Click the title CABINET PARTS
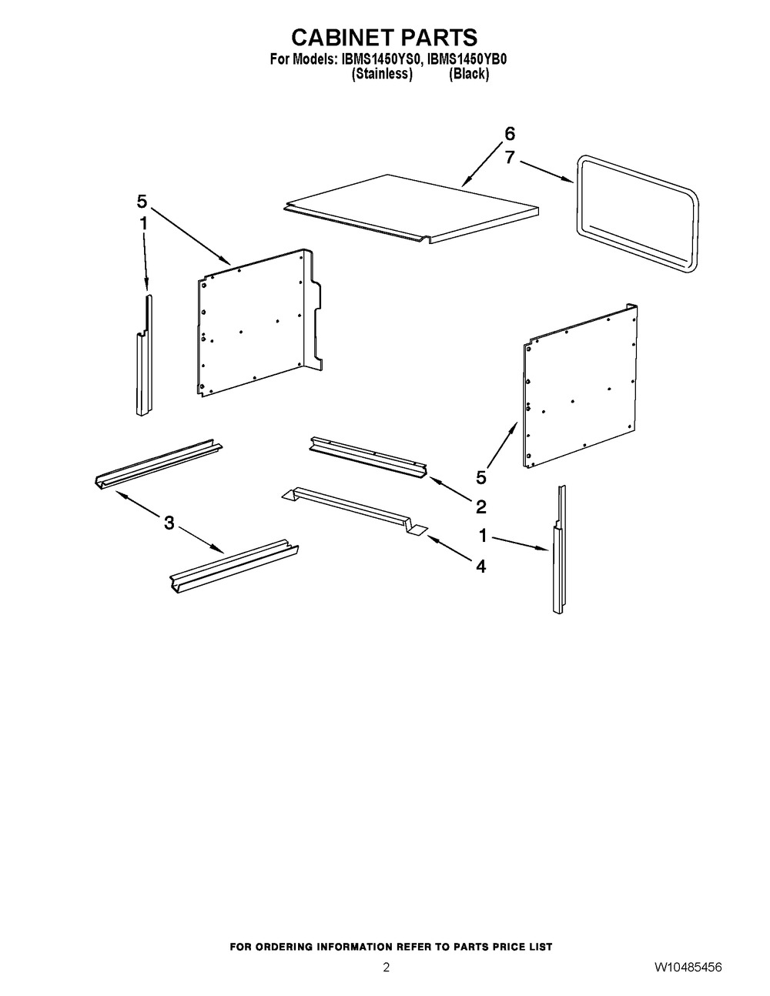click(x=384, y=38)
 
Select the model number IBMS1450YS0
click(x=379, y=59)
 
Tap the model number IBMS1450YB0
click(x=467, y=59)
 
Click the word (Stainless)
click(x=382, y=73)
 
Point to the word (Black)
click(x=469, y=73)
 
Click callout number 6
click(x=510, y=134)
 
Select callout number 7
click(x=510, y=158)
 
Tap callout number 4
click(x=480, y=567)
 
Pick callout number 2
click(x=480, y=507)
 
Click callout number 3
click(x=169, y=523)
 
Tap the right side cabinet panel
click(x=580, y=386)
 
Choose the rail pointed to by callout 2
click(x=369, y=457)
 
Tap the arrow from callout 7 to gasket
click(x=546, y=172)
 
